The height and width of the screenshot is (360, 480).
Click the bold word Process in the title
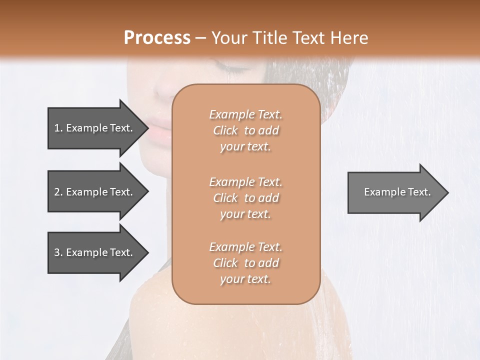coord(157,37)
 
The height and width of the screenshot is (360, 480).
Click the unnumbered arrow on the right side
coord(395,192)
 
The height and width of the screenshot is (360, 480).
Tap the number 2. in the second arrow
coord(58,192)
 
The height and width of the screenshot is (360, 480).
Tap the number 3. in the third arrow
coord(58,252)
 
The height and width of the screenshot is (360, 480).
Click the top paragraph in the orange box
coord(245,130)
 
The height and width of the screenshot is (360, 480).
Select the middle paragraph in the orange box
coord(245,198)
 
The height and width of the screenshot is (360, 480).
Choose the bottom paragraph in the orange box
coord(245,263)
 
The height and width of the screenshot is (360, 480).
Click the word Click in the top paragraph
coord(225,130)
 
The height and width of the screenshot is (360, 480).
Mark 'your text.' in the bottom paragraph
coord(245,279)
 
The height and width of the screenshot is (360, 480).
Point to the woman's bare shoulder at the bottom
coord(150,310)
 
